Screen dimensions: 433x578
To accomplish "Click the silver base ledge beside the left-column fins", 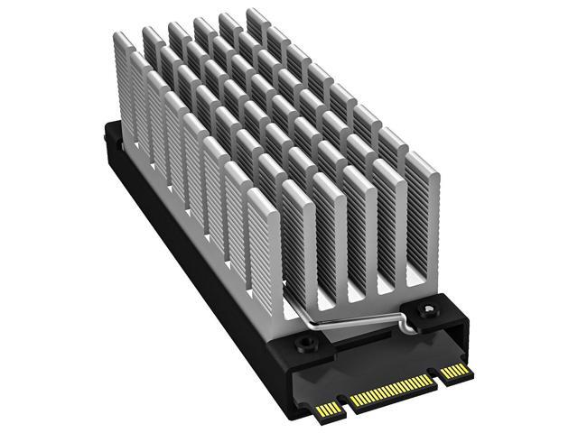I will (271, 307).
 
